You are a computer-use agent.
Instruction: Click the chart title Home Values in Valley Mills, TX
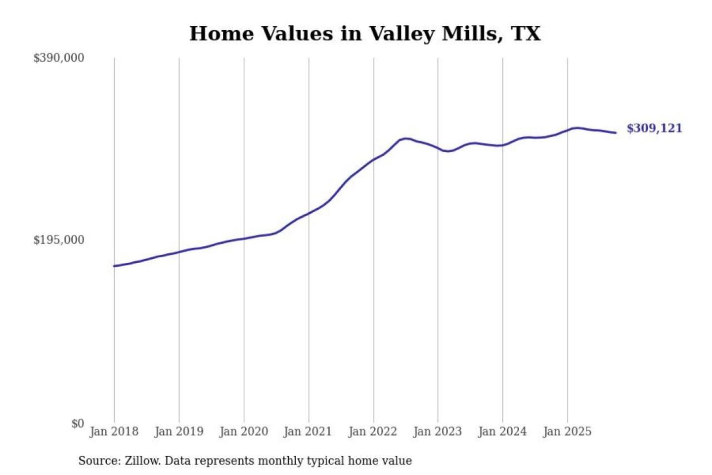[365, 34]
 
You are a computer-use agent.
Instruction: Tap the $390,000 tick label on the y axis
[58, 58]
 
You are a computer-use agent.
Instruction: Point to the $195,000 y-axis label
[58, 240]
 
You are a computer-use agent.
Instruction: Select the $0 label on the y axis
[78, 424]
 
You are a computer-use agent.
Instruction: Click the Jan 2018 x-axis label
[114, 431]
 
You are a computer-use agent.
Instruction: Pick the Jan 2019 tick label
[178, 431]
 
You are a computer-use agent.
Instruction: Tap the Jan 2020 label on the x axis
[243, 431]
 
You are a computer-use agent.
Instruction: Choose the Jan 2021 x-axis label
[308, 431]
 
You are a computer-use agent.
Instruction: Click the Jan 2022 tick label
[372, 431]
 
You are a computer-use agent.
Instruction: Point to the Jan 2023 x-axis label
[437, 431]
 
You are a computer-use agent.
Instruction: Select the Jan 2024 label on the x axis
[502, 431]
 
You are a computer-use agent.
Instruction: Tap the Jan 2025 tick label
[567, 431]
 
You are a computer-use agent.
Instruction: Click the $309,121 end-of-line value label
[654, 128]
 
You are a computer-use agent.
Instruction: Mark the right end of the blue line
[616, 133]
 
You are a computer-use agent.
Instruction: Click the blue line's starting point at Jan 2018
[114, 266]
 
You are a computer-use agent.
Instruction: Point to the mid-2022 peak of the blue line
[405, 139]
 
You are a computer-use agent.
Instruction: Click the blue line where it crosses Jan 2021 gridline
[309, 213]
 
